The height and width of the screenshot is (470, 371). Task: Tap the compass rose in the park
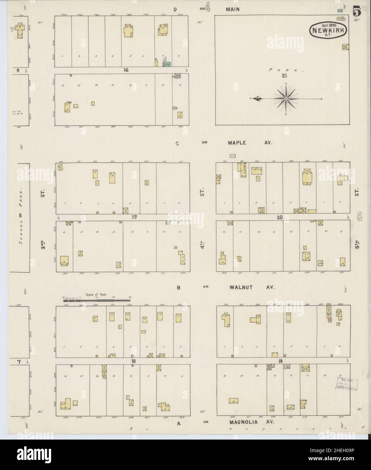286,98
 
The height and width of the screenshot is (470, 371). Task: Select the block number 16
126,70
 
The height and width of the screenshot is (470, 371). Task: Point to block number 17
134,217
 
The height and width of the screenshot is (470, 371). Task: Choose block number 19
280,361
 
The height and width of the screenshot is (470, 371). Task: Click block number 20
279,217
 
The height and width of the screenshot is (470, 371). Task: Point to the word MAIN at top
233,9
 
